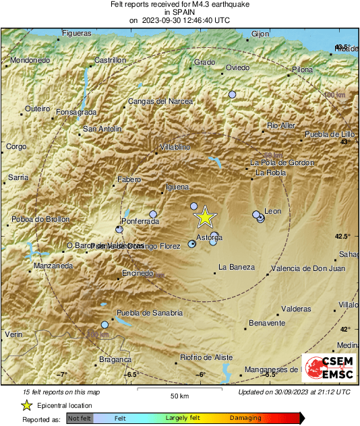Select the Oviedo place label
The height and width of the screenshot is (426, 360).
click(237, 67)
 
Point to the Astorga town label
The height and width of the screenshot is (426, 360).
click(208, 238)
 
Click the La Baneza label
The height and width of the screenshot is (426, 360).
click(237, 268)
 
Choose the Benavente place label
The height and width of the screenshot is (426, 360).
click(267, 324)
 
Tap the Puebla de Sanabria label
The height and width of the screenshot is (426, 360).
click(150, 313)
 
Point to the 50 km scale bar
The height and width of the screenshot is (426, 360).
click(179, 390)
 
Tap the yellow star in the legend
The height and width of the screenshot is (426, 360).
click(26, 405)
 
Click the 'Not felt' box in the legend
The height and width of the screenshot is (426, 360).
click(80, 419)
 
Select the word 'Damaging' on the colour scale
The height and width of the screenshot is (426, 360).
click(245, 419)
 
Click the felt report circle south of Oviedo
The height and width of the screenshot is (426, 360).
click(233, 95)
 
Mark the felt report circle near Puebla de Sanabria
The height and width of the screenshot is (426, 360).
click(104, 325)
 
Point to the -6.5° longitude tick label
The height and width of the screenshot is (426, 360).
click(131, 374)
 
